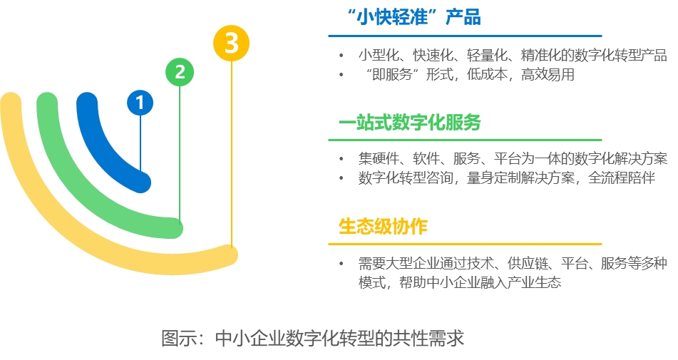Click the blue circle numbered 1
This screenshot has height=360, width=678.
point(140,103)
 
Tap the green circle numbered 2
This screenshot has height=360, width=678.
point(180,71)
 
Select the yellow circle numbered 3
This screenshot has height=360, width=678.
point(231,43)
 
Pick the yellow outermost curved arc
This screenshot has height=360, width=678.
point(43,207)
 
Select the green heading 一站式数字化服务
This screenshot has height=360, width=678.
point(409,123)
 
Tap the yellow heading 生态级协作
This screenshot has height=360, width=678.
point(383,227)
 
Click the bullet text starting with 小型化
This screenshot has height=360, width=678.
point(512,55)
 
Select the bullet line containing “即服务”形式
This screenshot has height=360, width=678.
point(467,74)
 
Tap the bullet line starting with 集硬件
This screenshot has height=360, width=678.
point(512,159)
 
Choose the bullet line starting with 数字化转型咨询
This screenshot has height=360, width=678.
point(506,178)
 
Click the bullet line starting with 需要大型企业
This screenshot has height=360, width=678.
point(512,264)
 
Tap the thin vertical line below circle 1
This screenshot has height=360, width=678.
point(140,143)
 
